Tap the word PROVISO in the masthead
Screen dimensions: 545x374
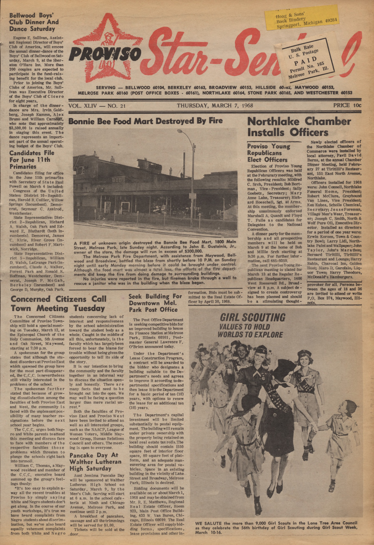[x=105, y=53]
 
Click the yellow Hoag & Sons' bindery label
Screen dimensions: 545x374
[x=301, y=17]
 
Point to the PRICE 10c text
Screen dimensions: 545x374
[x=347, y=105]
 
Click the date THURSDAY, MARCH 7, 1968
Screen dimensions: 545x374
[x=215, y=105]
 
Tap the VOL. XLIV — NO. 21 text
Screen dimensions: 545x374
[x=97, y=106]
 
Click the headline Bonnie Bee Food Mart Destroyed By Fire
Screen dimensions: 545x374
[x=145, y=121]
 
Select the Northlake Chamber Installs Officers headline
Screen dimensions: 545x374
[x=299, y=127]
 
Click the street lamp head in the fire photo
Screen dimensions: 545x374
[x=180, y=131]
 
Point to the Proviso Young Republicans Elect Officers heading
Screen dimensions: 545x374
[x=267, y=153]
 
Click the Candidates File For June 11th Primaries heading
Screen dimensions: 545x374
[x=32, y=160]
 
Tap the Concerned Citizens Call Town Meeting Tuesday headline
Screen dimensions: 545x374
[x=58, y=303]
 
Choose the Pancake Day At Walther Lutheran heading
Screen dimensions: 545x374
[x=95, y=462]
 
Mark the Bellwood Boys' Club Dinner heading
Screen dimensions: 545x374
[x=34, y=22]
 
